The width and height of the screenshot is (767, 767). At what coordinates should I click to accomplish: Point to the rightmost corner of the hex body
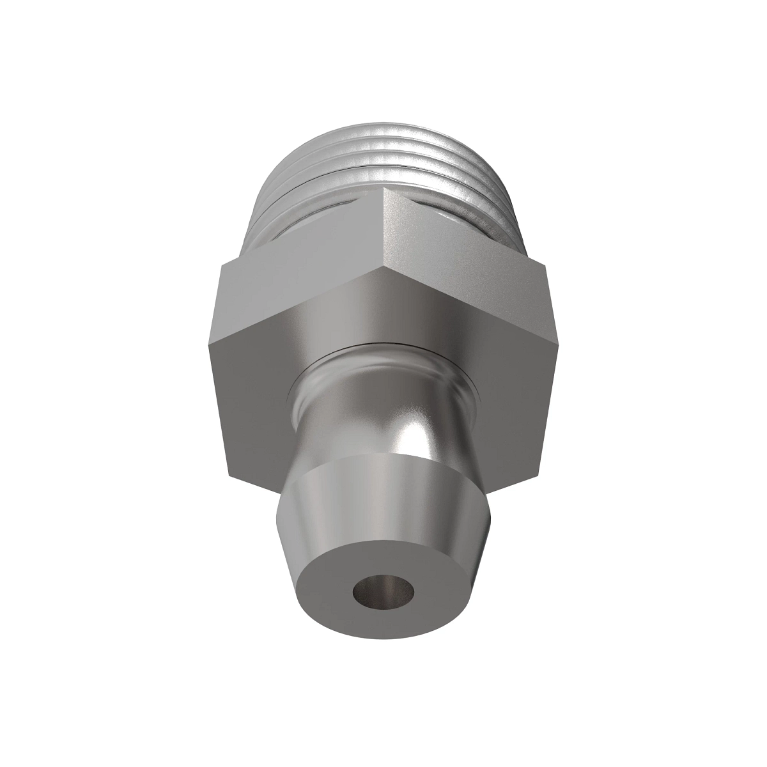548,262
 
